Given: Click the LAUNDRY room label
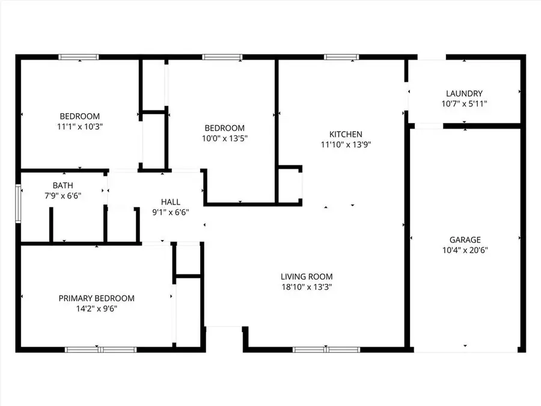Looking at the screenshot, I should pyautogui.click(x=464, y=93).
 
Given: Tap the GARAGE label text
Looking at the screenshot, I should pyautogui.click(x=465, y=239).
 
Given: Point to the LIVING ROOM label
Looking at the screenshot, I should pyautogui.click(x=307, y=277).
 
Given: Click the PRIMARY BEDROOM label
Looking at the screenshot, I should pyautogui.click(x=96, y=298).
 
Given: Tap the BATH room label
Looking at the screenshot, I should pyautogui.click(x=63, y=185).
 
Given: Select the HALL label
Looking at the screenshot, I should pyautogui.click(x=170, y=201).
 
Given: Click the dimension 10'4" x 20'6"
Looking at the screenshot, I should pyautogui.click(x=465, y=250).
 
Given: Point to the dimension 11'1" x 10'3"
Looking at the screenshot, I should pyautogui.click(x=79, y=127).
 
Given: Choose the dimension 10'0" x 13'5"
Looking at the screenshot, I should pyautogui.click(x=224, y=138).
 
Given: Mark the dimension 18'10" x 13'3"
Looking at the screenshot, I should pyautogui.click(x=307, y=287).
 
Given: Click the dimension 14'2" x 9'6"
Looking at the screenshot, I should pyautogui.click(x=96, y=309).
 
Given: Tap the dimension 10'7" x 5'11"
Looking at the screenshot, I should pyautogui.click(x=464, y=103).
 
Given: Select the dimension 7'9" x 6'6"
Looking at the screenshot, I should pyautogui.click(x=63, y=195).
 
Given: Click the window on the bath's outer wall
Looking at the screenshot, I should pyautogui.click(x=18, y=203).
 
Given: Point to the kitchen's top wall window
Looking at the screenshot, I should pyautogui.click(x=341, y=57).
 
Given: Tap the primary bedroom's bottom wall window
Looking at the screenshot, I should pyautogui.click(x=101, y=349).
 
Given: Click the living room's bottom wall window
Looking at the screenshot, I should pyautogui.click(x=326, y=349).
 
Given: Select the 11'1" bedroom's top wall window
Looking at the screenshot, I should pyautogui.click(x=78, y=57).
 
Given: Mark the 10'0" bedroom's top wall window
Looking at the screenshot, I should pyautogui.click(x=222, y=57).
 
